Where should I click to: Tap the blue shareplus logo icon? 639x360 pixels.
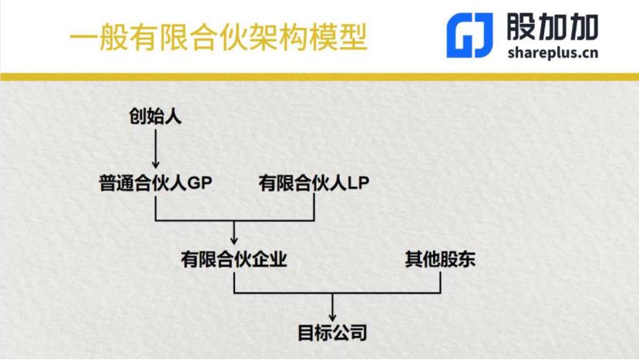coord(469,36)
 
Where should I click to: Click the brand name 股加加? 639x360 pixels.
coord(553,27)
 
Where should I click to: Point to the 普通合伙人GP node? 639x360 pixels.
coord(155,183)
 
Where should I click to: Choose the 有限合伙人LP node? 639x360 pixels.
coord(315,183)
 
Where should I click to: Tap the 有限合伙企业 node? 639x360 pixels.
coord(234,258)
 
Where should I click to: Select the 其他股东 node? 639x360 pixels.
coord(440,258)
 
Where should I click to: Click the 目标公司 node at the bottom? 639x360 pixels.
coord(332,333)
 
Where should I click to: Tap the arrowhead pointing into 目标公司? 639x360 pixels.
coord(332,315)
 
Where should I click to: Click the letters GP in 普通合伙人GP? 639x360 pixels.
coord(199,183)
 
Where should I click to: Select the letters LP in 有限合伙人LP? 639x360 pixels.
coord(359,183)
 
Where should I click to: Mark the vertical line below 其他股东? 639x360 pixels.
coord(440,281)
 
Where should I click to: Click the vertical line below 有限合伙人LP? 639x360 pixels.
coord(315,207)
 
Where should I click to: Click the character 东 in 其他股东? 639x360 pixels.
coord(466,258)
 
